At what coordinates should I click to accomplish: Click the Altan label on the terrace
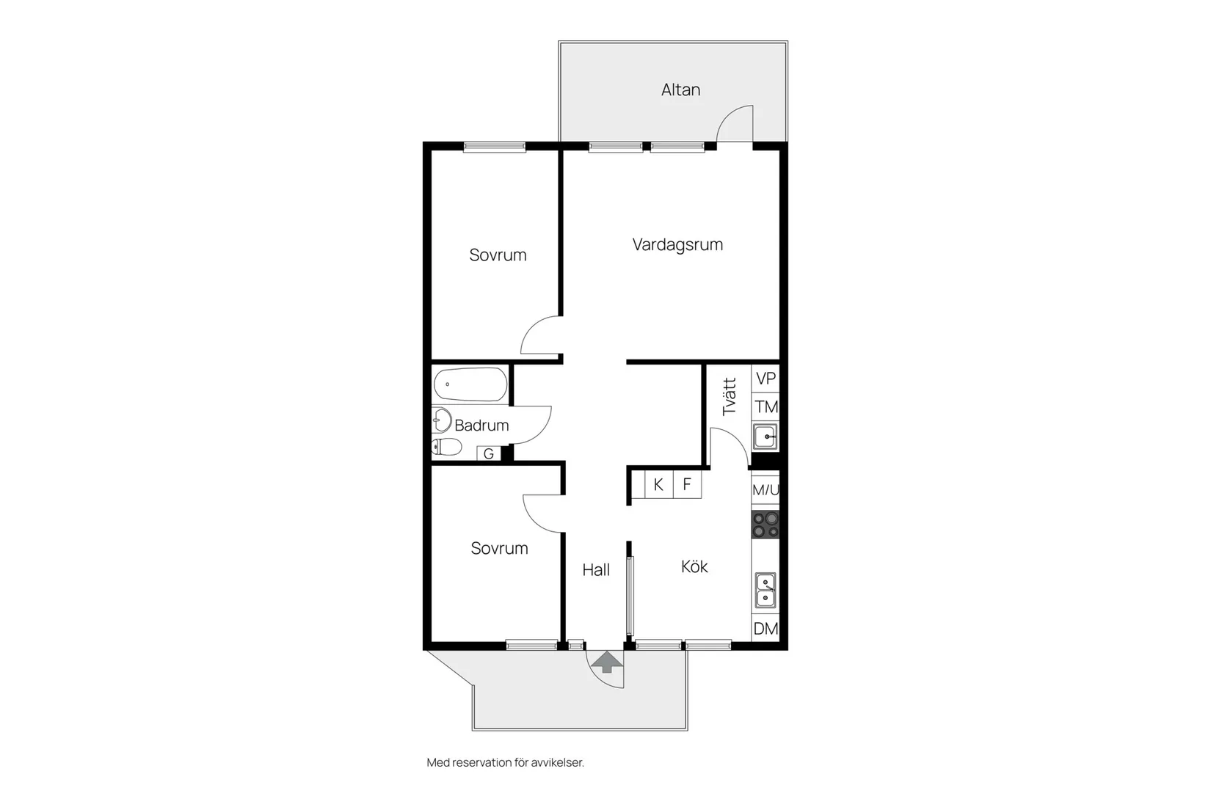680,90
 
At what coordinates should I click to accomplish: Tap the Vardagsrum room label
677,244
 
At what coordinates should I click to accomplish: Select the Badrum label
481,426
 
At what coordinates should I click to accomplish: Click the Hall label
596,570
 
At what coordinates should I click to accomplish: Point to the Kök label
694,566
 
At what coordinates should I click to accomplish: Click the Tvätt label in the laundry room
729,397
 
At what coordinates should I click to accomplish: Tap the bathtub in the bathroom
470,384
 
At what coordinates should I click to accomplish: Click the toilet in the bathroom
447,447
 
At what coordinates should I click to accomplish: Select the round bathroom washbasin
441,420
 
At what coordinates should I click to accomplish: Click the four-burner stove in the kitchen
765,525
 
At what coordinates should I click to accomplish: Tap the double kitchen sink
765,591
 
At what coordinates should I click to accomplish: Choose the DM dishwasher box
765,629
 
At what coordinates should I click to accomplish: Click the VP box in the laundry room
765,379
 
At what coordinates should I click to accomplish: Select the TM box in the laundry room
765,407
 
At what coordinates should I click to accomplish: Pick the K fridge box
658,485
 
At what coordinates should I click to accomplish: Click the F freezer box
687,485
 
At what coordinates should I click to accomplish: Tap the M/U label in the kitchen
765,490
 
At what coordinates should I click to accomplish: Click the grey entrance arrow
606,662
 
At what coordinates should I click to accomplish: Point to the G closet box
489,454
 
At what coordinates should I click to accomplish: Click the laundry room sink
765,437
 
